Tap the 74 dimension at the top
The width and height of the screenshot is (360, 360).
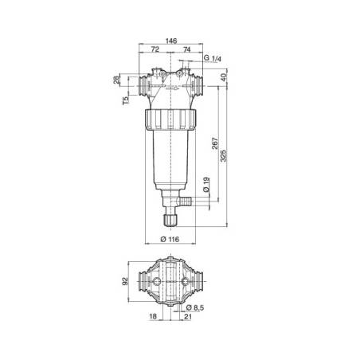point(186,49)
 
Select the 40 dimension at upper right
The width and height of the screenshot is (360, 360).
point(225,77)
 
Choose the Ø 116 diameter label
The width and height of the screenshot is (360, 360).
point(170,241)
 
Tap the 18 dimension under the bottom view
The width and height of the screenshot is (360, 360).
point(152,317)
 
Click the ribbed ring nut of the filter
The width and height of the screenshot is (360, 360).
point(173,122)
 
